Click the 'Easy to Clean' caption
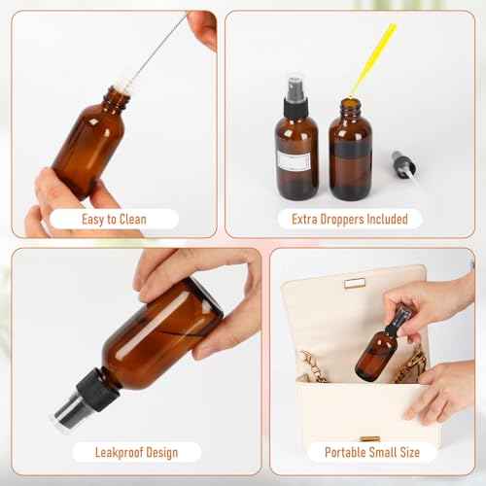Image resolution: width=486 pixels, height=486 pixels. (x=114, y=219)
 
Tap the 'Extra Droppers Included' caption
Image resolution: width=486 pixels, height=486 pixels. (x=349, y=219)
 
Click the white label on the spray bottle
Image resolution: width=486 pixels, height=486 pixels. (x=295, y=161)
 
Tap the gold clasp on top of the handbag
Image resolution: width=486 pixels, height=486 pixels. (x=354, y=283)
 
